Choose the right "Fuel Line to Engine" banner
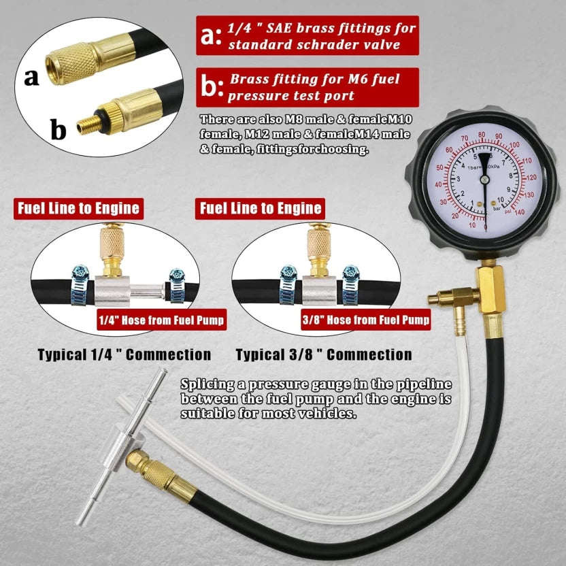click(x=259, y=208)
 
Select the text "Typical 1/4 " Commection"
click(x=124, y=354)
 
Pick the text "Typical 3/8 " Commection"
click(x=324, y=354)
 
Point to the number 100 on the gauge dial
click(x=514, y=144)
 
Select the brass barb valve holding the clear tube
click(x=452, y=297)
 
